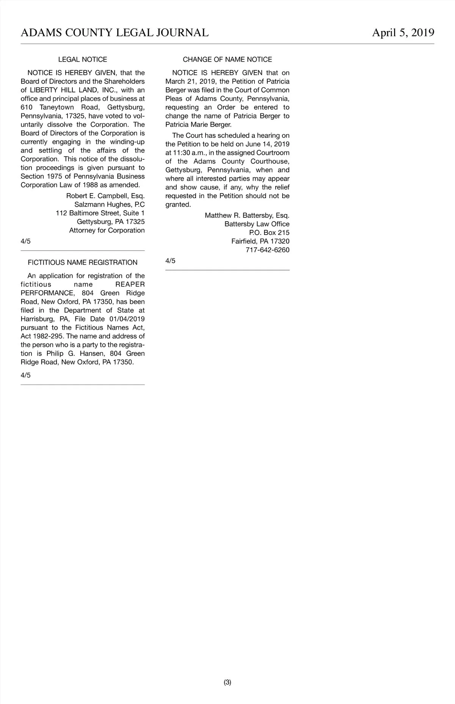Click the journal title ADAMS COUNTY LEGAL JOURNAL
click(115, 33)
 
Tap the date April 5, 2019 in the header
click(403, 33)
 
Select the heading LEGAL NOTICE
click(83, 60)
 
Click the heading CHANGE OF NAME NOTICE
click(227, 60)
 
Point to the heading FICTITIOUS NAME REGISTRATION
click(83, 263)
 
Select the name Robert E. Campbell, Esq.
click(105, 196)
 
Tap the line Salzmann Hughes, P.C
click(110, 205)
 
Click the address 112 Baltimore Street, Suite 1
click(100, 213)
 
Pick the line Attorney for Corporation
click(107, 230)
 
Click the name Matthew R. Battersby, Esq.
click(247, 216)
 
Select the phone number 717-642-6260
click(267, 250)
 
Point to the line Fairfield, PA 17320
click(260, 241)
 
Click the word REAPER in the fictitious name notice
click(130, 285)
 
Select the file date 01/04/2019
click(127, 319)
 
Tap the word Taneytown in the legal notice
click(57, 107)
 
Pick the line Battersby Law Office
click(257, 224)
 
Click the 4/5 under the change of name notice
click(170, 261)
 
